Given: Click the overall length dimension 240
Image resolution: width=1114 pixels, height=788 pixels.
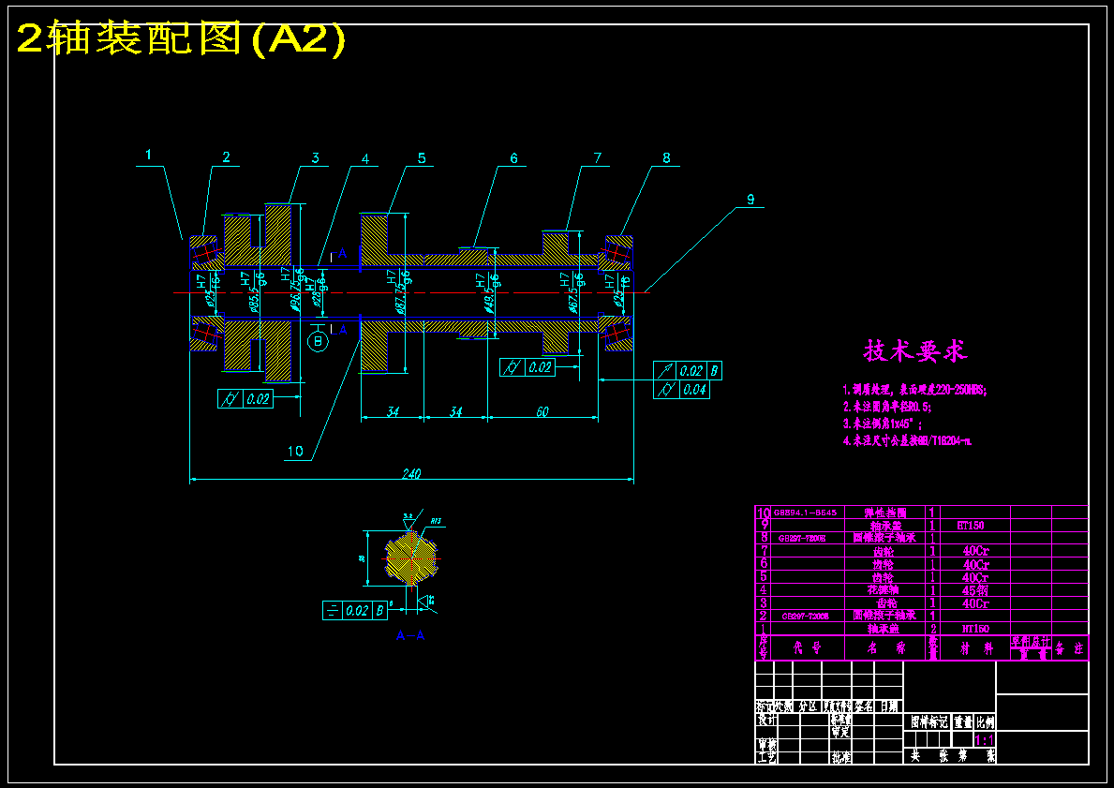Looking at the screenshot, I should click(x=411, y=473).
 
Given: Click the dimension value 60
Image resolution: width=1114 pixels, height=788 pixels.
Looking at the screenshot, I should click(x=542, y=411).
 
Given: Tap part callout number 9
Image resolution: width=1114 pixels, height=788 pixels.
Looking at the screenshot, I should click(x=750, y=199).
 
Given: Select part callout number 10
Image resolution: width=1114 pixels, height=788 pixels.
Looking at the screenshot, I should click(x=295, y=452).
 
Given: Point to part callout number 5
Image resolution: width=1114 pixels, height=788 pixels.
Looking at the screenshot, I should click(x=422, y=158).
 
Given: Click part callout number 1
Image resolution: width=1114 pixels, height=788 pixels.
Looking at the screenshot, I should click(x=148, y=155).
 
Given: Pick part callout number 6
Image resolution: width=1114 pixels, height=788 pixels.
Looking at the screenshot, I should click(x=513, y=158).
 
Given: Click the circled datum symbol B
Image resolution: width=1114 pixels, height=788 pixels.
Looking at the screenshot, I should click(x=318, y=342).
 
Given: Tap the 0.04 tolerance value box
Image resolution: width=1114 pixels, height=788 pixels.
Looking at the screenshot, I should click(x=694, y=390).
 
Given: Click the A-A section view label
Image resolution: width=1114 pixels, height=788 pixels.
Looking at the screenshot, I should click(x=410, y=635).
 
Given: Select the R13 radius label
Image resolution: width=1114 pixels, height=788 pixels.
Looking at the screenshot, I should click(x=436, y=521).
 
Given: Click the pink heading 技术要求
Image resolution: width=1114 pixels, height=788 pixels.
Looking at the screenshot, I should click(x=914, y=351).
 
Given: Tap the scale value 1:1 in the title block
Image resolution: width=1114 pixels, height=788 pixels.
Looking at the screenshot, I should click(x=984, y=740).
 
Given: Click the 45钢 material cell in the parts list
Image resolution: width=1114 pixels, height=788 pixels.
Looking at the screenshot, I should click(x=974, y=590).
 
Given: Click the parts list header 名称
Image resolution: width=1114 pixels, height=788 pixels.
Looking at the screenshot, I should click(x=884, y=647).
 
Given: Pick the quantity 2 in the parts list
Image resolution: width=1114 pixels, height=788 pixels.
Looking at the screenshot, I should click(x=932, y=629).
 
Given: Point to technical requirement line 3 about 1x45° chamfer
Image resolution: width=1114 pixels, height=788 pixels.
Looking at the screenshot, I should click(x=882, y=424).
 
